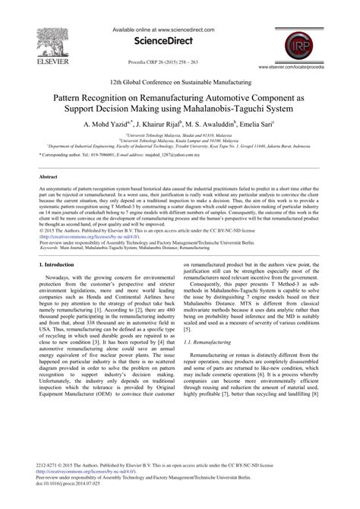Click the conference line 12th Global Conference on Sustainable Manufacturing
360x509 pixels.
click(179, 81)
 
